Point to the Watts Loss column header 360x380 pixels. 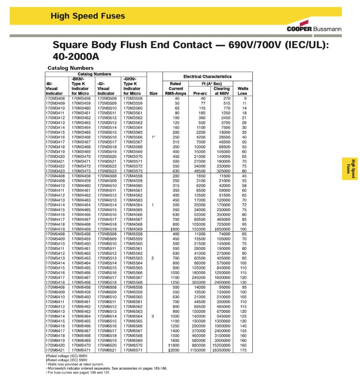point(243,91)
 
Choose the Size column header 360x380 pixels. point(154,93)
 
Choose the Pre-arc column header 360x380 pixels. point(200,93)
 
